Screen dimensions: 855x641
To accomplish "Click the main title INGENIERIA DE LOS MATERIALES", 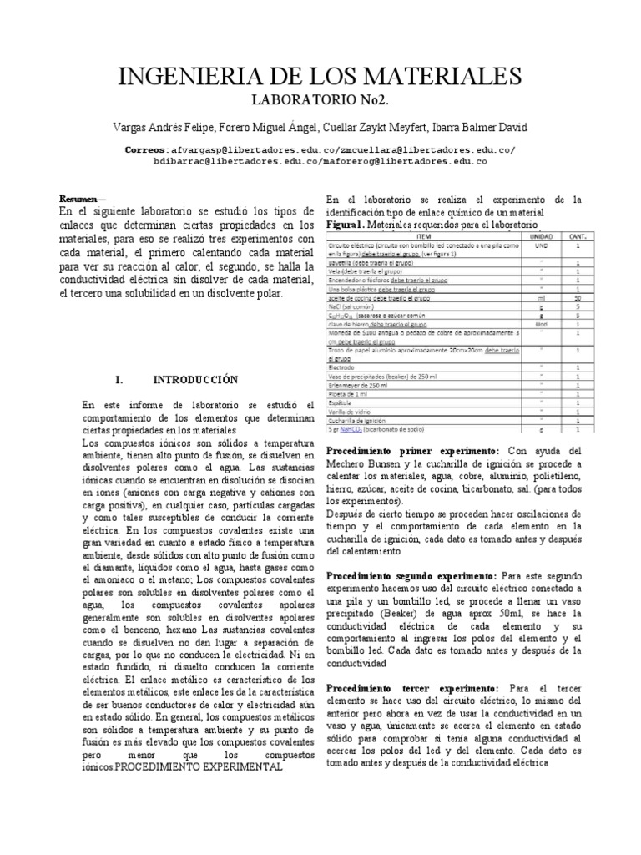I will coord(320,78).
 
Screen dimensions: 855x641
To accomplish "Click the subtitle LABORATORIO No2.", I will coord(320,101).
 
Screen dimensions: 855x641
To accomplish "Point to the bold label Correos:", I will coord(149,149).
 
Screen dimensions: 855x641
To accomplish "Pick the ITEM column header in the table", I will coord(423,237).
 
